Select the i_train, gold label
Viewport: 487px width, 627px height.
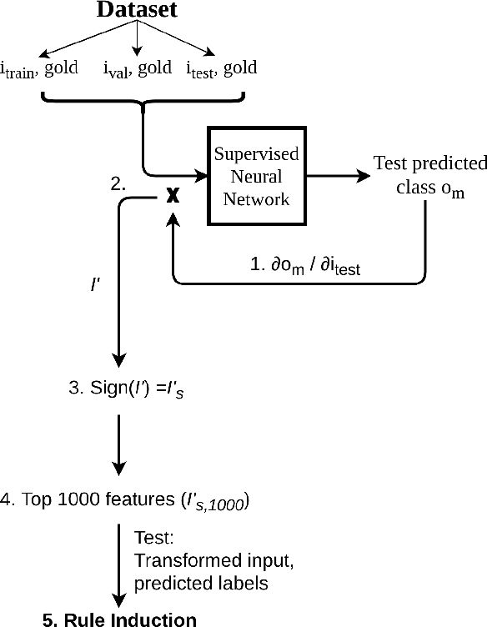tap(42, 69)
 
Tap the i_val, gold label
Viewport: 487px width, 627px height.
tap(138, 69)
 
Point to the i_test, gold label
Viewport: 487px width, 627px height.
tap(223, 69)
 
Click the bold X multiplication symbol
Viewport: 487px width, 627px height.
tap(173, 195)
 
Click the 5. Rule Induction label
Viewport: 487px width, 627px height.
tap(120, 619)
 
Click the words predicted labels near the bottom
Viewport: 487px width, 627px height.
tap(201, 583)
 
